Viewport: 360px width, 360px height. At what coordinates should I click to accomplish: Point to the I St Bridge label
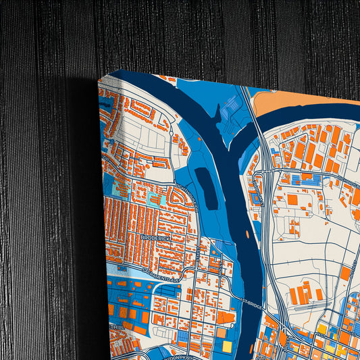pos(251,302)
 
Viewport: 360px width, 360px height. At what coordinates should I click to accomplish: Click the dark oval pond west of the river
pos(206,186)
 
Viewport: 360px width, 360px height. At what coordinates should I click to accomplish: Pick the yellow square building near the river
pos(227,346)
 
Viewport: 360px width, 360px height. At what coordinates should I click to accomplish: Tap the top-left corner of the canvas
pos(99,80)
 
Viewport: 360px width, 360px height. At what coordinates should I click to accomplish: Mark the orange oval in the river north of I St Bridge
pos(248,234)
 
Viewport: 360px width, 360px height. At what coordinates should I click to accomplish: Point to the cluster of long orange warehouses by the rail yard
pos(303,294)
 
